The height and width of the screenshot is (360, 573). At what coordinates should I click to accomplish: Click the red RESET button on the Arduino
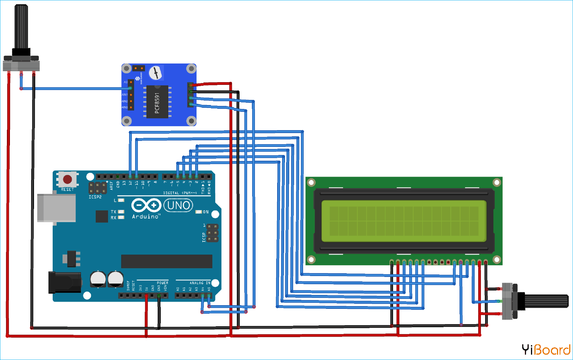pyautogui.click(x=68, y=179)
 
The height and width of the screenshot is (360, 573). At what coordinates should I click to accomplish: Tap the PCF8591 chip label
pyautogui.click(x=157, y=103)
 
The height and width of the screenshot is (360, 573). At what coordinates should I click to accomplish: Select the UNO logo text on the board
pyautogui.click(x=178, y=206)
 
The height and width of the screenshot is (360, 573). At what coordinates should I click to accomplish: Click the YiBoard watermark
pyautogui.click(x=546, y=349)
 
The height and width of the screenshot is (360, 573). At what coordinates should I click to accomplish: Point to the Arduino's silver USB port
pyautogui.click(x=56, y=208)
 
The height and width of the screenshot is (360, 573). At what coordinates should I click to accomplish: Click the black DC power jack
pyautogui.click(x=64, y=282)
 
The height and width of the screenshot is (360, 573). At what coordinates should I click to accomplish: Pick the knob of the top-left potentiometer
pyautogui.click(x=21, y=27)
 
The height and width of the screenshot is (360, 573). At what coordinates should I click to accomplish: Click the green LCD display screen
pyautogui.click(x=404, y=221)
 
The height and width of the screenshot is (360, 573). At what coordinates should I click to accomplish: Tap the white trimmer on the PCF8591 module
pyautogui.click(x=155, y=73)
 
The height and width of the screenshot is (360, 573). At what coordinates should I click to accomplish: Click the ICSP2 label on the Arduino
pyautogui.click(x=95, y=197)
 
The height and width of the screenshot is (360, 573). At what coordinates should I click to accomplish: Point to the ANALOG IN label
pyautogui.click(x=200, y=283)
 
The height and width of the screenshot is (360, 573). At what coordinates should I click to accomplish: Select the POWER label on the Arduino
pyautogui.click(x=162, y=283)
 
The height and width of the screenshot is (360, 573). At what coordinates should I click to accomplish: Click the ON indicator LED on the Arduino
pyautogui.click(x=199, y=212)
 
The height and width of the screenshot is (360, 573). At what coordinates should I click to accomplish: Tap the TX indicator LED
pyautogui.click(x=121, y=212)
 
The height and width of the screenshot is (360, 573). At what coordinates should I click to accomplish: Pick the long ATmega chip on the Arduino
pyautogui.click(x=167, y=261)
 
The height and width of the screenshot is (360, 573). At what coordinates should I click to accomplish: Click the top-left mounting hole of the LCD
pyautogui.click(x=311, y=183)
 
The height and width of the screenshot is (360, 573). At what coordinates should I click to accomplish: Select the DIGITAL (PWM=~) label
pyautogui.click(x=180, y=193)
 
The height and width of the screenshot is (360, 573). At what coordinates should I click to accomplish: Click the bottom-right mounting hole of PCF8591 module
pyautogui.click(x=191, y=121)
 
